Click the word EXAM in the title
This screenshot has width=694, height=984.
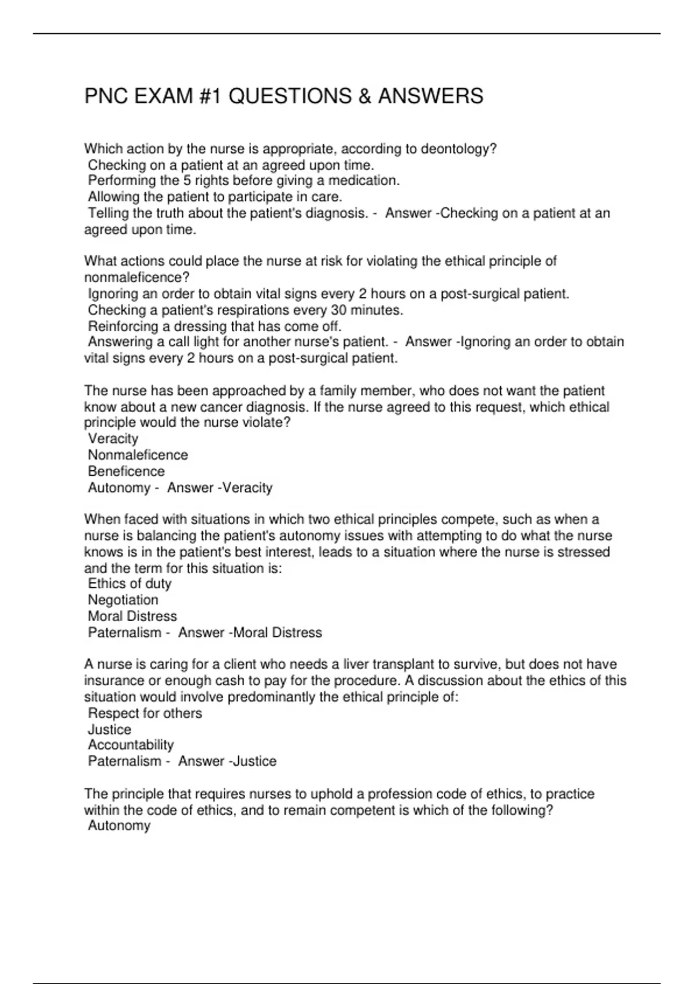click(164, 96)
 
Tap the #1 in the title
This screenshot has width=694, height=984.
click(210, 96)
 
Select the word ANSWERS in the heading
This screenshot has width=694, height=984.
click(430, 96)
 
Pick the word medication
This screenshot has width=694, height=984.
click(363, 181)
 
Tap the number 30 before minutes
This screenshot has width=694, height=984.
click(339, 310)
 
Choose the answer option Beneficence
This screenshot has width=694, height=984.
click(126, 471)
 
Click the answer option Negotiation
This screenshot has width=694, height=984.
click(123, 600)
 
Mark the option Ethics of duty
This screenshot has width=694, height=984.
click(130, 584)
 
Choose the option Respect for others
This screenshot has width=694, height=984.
click(145, 713)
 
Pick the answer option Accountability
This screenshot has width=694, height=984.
click(131, 745)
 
